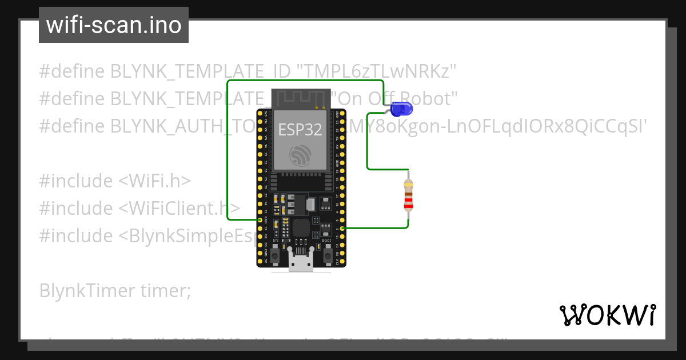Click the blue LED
click(400, 108)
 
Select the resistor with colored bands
click(408, 194)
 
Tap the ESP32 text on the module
click(300, 129)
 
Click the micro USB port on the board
click(301, 263)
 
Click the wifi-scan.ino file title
click(114, 25)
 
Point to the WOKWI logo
click(607, 315)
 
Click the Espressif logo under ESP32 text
click(300, 155)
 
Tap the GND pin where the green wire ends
click(260, 220)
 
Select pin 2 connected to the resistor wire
click(342, 229)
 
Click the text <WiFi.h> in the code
click(154, 181)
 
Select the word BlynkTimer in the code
click(87, 291)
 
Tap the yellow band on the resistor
click(408, 185)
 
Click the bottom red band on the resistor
click(408, 205)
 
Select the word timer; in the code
click(165, 291)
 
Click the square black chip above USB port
click(301, 229)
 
